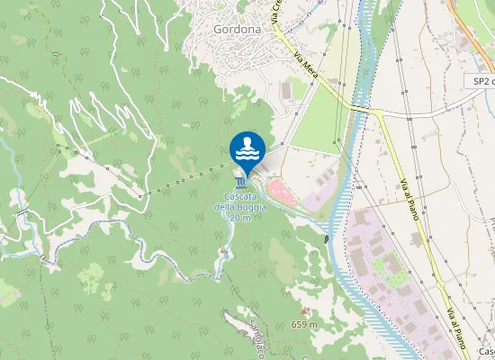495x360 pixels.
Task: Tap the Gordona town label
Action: coord(238,29)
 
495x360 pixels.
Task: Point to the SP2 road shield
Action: coord(482,80)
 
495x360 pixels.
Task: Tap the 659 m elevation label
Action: coord(305,324)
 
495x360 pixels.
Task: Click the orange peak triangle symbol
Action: coord(305,311)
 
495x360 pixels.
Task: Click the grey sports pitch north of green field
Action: coord(287,91)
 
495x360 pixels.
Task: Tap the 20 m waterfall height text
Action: coord(239,218)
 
